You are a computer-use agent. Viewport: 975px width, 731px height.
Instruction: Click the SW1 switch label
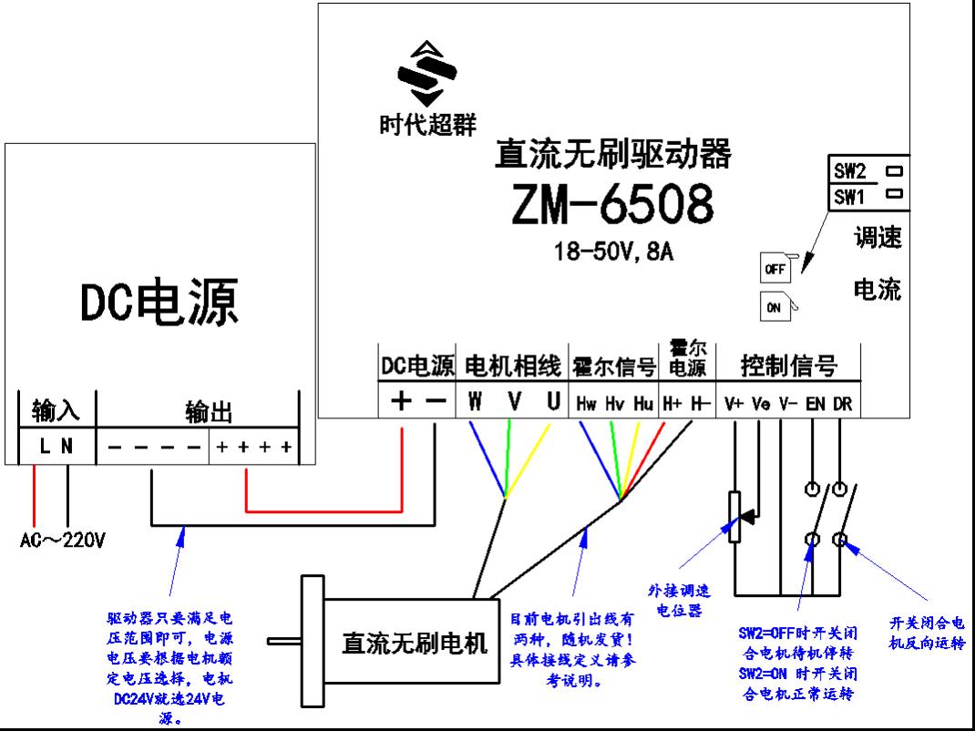[849, 196]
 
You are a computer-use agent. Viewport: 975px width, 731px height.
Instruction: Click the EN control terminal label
[815, 403]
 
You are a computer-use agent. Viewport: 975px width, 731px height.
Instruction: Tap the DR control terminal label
[843, 403]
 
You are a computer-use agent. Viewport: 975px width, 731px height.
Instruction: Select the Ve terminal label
[761, 403]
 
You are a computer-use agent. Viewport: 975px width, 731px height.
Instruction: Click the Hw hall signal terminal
[586, 403]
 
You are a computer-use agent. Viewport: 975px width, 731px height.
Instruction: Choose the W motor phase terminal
[476, 402]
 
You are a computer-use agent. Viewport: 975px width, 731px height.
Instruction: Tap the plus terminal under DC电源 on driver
[402, 402]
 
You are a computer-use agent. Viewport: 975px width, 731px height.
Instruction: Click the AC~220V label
[63, 540]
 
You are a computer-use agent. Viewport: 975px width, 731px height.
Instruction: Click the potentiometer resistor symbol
[734, 517]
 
